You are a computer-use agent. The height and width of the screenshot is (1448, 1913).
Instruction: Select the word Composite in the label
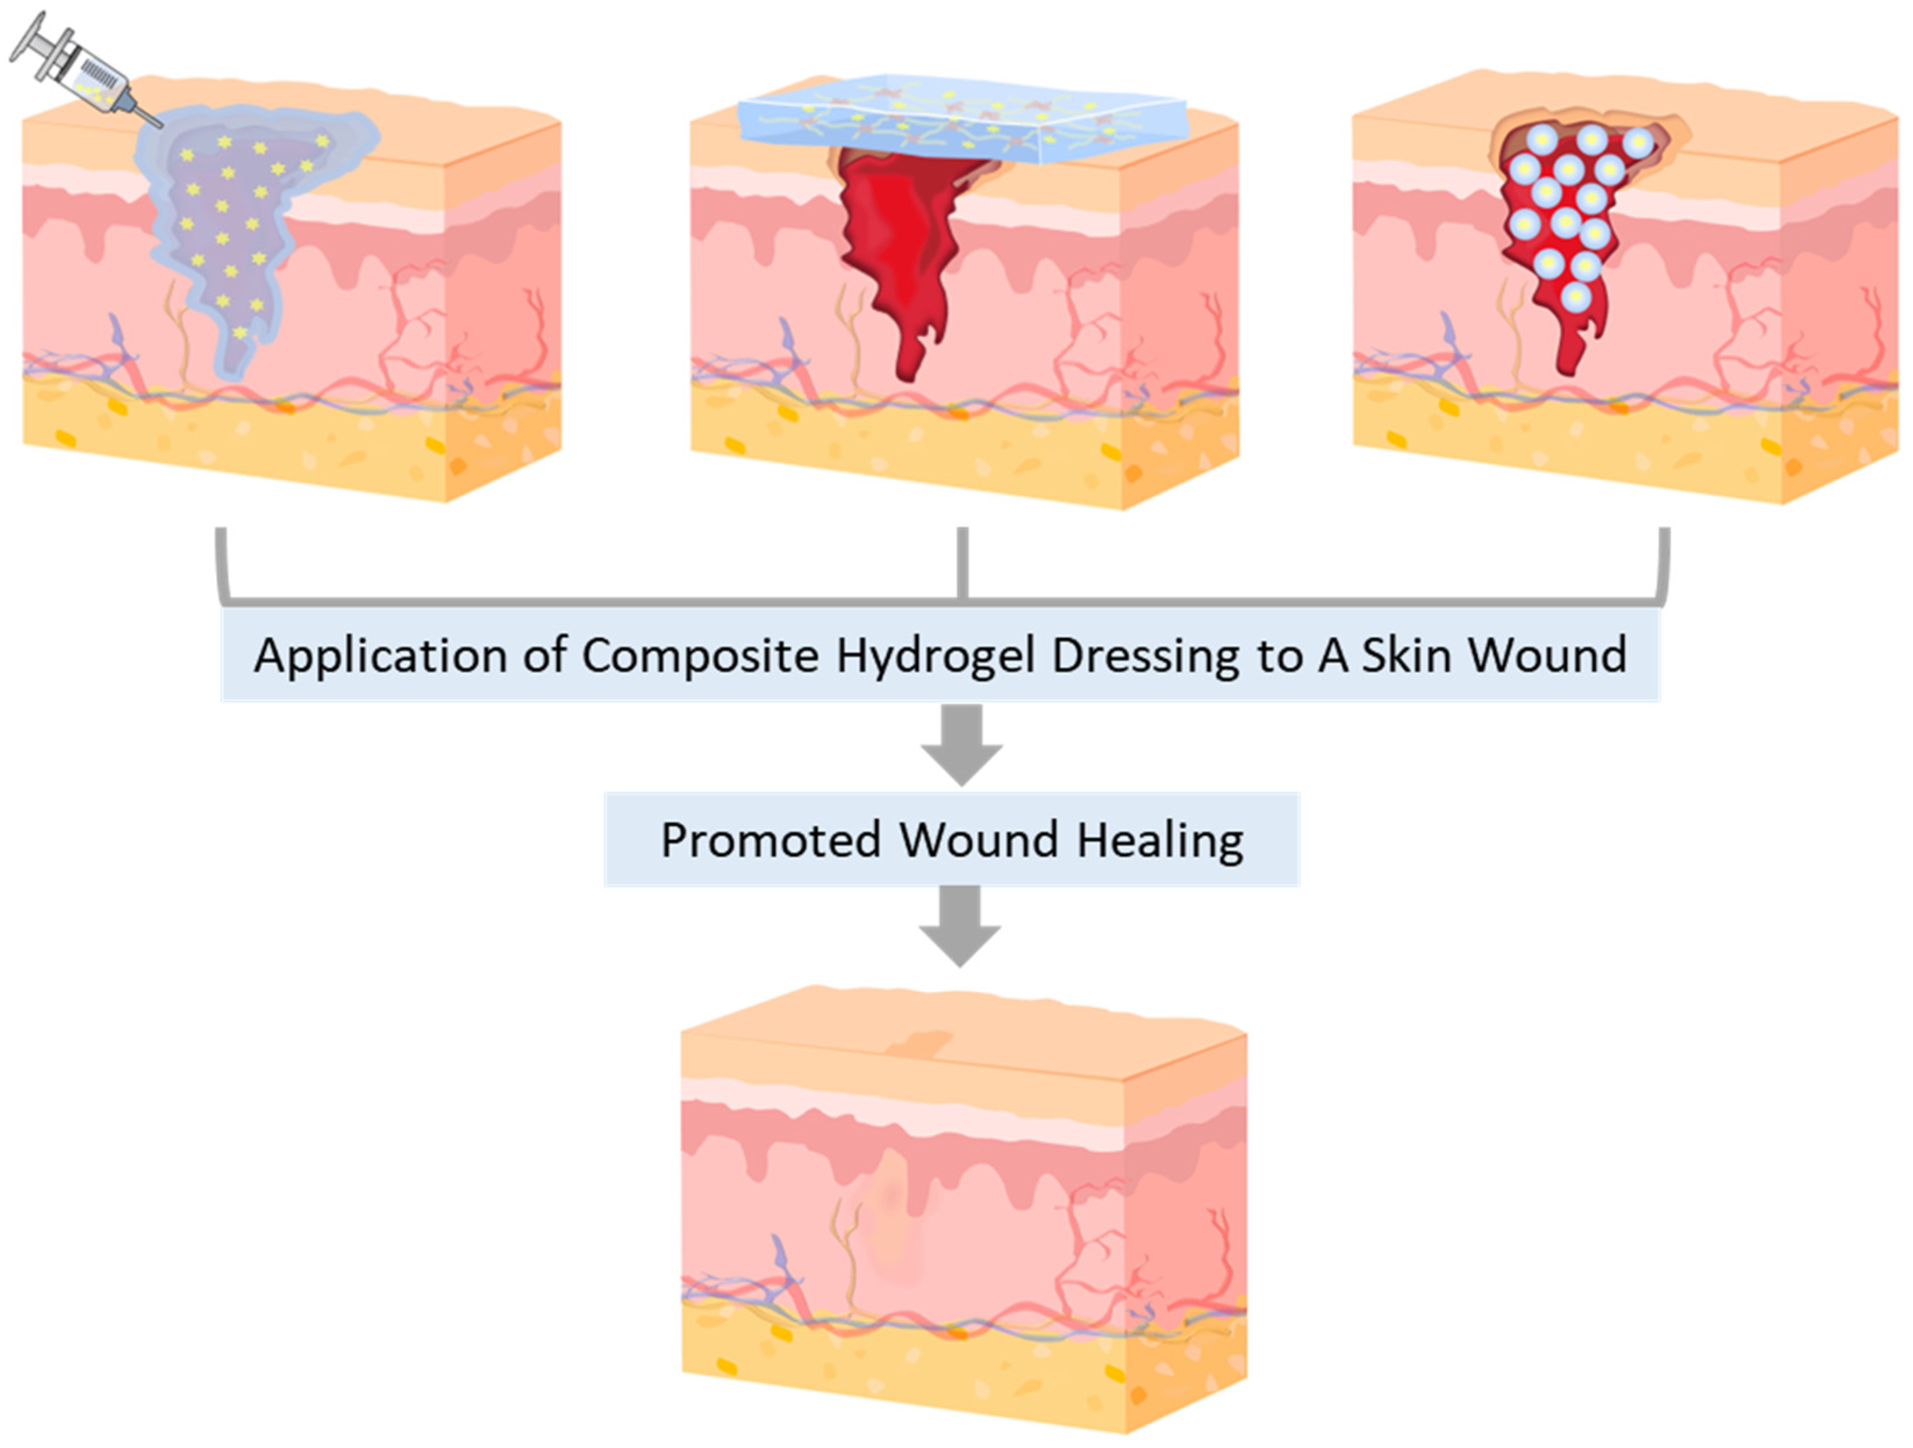tap(700, 655)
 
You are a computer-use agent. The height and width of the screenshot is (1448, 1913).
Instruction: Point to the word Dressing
tap(1145, 655)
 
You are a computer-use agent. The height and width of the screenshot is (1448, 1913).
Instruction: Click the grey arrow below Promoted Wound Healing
tap(960, 926)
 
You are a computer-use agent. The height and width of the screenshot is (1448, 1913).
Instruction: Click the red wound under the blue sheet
tap(900, 242)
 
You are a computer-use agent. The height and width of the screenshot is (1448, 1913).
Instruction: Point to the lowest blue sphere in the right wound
tap(1576, 297)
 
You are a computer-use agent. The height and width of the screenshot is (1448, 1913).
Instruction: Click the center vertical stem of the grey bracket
tap(962, 562)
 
